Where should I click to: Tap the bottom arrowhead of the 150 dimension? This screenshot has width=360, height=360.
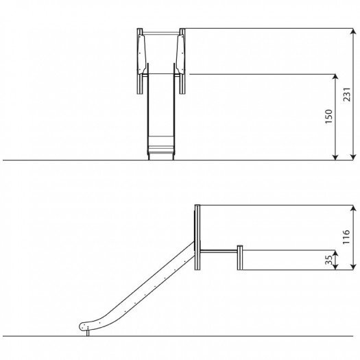(x=335, y=156)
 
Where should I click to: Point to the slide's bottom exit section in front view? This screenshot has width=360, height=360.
(x=162, y=147)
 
